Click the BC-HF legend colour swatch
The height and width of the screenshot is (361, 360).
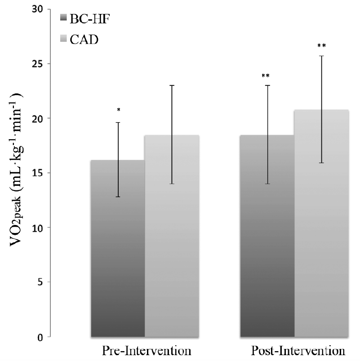pyautogui.click(x=63, y=18)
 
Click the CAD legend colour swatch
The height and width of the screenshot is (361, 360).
pyautogui.click(x=63, y=40)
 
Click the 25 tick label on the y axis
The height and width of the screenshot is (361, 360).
pyautogui.click(x=37, y=64)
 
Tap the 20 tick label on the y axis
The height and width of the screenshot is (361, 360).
pyautogui.click(x=37, y=119)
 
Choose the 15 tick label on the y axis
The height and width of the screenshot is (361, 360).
pyautogui.click(x=37, y=173)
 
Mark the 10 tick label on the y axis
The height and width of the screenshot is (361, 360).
pyautogui.click(x=37, y=228)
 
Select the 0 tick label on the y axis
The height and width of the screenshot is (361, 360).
pyautogui.click(x=40, y=337)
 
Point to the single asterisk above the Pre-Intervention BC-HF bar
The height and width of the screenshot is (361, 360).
pyautogui.click(x=118, y=110)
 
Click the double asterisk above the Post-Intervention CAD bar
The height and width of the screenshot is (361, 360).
pyautogui.click(x=321, y=46)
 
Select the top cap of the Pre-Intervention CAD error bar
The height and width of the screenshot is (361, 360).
pyautogui.click(x=172, y=85)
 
